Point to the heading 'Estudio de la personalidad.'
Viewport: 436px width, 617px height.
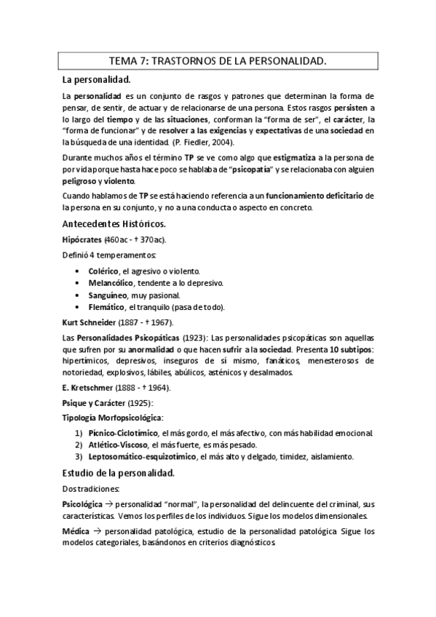pos(119,473)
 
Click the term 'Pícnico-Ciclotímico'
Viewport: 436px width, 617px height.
pos(129,433)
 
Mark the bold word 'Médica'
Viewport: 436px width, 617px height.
pos(76,532)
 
